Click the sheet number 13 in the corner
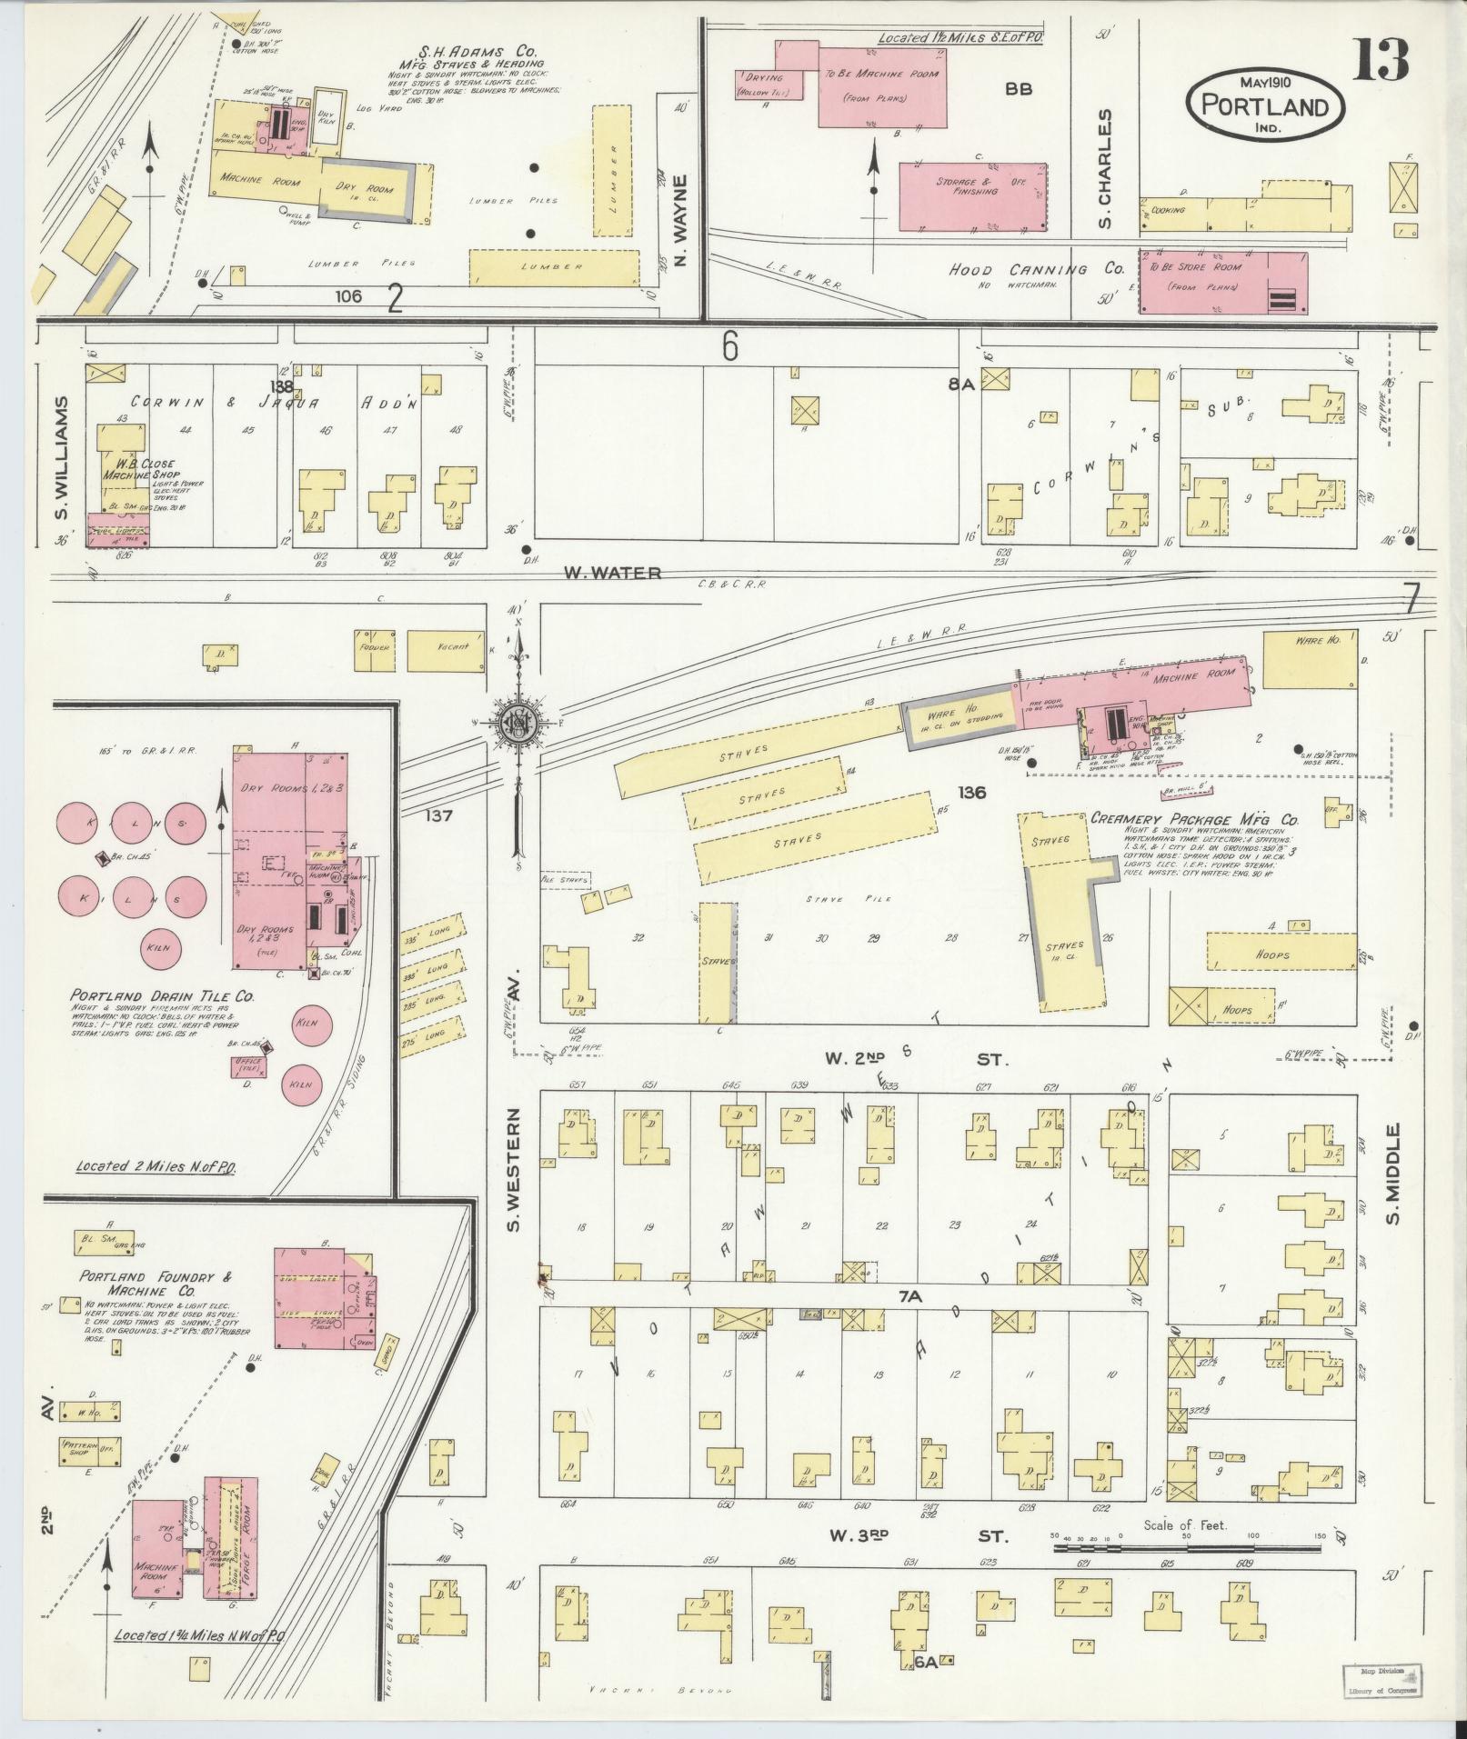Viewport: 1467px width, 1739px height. (1381, 59)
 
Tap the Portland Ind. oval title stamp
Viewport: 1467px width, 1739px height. (1264, 104)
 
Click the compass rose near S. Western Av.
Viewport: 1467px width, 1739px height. (517, 723)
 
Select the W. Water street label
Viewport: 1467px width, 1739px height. (611, 573)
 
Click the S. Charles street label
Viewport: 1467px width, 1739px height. (1104, 169)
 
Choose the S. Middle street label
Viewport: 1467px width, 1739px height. (1393, 1174)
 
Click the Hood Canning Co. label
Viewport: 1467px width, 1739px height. (1036, 270)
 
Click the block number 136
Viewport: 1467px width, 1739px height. (971, 793)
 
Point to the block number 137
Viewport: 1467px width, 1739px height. (438, 815)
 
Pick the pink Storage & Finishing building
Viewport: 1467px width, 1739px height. (972, 196)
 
